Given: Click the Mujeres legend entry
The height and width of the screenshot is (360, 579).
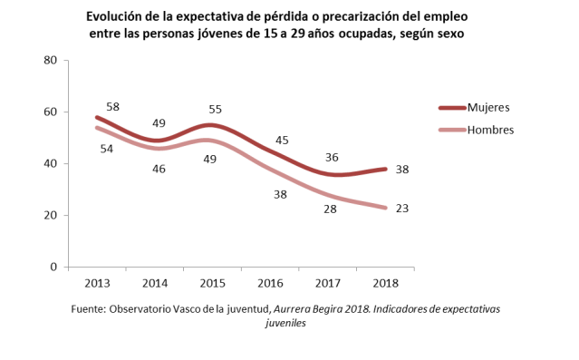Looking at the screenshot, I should pyautogui.click(x=488, y=107).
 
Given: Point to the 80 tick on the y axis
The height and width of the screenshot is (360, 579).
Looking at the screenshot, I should pyautogui.click(x=51, y=60).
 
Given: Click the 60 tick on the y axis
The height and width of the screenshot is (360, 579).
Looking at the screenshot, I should pyautogui.click(x=51, y=112).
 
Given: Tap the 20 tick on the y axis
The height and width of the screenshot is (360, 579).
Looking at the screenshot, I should pyautogui.click(x=51, y=216).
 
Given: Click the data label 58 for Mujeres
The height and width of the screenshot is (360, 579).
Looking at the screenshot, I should pyautogui.click(x=112, y=107).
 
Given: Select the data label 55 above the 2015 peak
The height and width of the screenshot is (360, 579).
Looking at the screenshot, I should pyautogui.click(x=215, y=108).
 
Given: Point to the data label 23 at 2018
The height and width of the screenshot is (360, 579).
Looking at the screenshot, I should pyautogui.click(x=403, y=209).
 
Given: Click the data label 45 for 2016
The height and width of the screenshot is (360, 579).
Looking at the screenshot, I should pyautogui.click(x=282, y=140).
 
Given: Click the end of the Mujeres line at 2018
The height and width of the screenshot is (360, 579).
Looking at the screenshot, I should pyautogui.click(x=386, y=169).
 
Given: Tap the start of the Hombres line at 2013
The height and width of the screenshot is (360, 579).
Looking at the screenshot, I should pyautogui.click(x=97, y=127).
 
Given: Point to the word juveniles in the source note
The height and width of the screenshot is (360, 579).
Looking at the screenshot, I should pyautogui.click(x=285, y=323).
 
